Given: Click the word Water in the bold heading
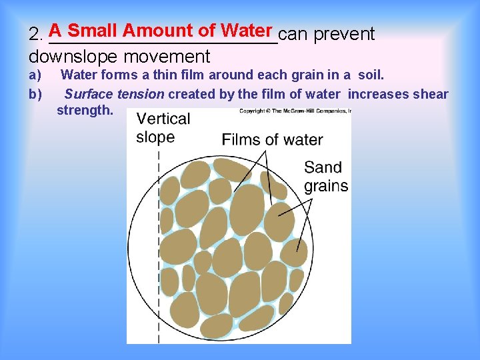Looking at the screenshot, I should (x=247, y=31).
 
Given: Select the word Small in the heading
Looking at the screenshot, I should (x=93, y=31).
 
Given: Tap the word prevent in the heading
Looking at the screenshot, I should (x=344, y=34).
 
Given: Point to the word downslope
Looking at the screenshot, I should (x=67, y=57).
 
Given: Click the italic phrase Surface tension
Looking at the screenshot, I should (x=114, y=94).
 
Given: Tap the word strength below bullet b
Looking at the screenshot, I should (x=85, y=110).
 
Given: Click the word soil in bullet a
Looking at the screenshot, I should (x=371, y=75).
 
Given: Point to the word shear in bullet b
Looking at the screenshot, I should (x=431, y=94).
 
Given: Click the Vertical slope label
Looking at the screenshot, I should (x=163, y=128).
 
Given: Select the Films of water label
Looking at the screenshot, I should (x=272, y=140).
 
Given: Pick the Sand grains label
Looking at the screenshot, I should (x=326, y=177).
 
